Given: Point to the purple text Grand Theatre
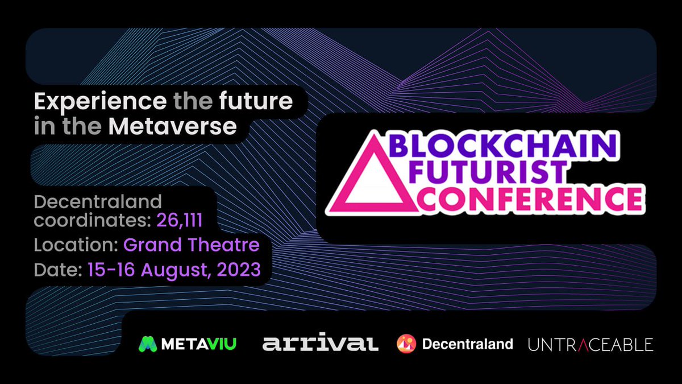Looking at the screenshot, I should (x=192, y=245).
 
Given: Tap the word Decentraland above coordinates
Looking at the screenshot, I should (x=98, y=201).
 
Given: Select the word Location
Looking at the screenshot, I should (x=75, y=245).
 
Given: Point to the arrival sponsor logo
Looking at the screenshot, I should (x=321, y=344).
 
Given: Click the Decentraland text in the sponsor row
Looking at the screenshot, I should (x=467, y=344).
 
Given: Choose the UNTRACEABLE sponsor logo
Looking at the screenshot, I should (x=590, y=344).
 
